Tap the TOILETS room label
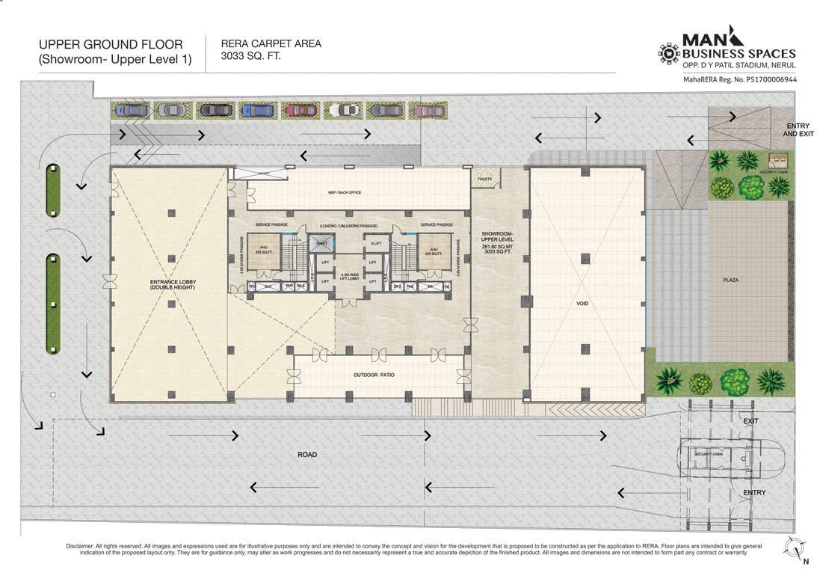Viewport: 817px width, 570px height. pos(484,180)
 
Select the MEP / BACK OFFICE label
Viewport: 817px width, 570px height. pos(345,192)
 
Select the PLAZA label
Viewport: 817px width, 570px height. pos(731,280)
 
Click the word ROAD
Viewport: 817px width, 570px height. pos(306,455)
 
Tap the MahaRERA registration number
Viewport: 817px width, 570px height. pos(739,79)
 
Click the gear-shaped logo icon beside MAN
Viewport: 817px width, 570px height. pos(667,53)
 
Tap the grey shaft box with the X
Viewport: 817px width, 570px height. pos(321,244)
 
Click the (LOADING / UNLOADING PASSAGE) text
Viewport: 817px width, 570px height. pos(348,225)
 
